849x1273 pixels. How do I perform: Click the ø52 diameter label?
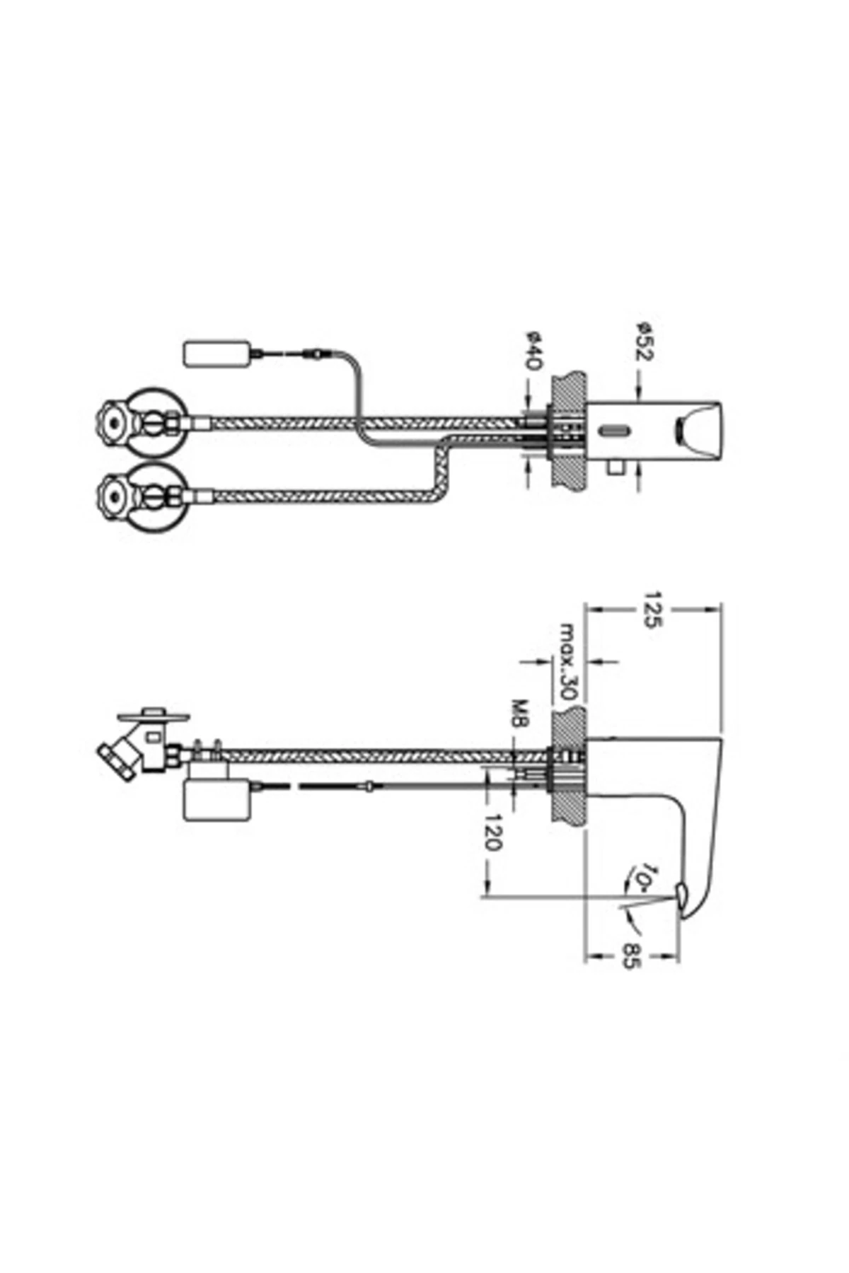tap(644, 342)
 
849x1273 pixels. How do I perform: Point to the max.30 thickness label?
tap(569, 661)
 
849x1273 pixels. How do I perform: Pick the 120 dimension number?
tap(492, 832)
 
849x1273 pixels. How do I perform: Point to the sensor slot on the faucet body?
tap(613, 431)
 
